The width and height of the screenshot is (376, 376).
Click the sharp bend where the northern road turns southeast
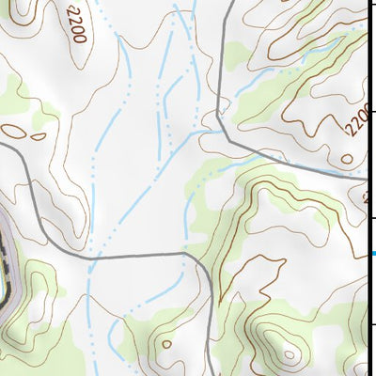[x=218, y=113]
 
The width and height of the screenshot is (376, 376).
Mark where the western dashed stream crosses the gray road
[x=91, y=255]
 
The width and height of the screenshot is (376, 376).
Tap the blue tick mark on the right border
[x=372, y=253]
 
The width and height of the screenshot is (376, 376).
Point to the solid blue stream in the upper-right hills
[x=282, y=66]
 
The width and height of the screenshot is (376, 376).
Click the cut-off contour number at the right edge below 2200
[x=368, y=197]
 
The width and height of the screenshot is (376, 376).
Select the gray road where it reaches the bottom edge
[x=208, y=372]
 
